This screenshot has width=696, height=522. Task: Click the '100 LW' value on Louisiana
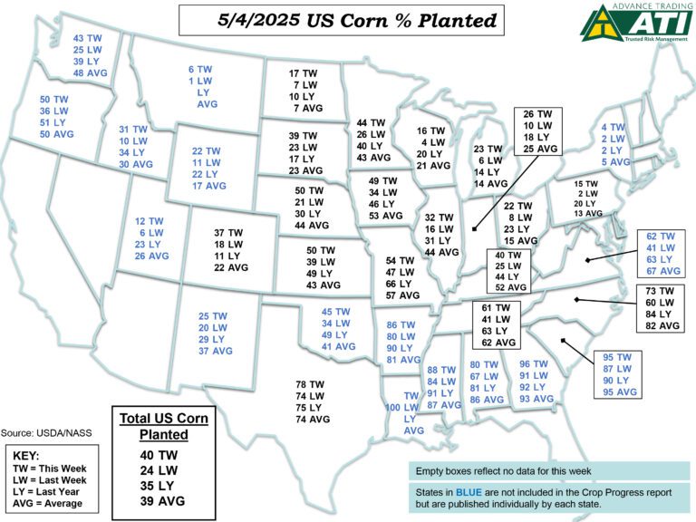click(405, 408)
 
